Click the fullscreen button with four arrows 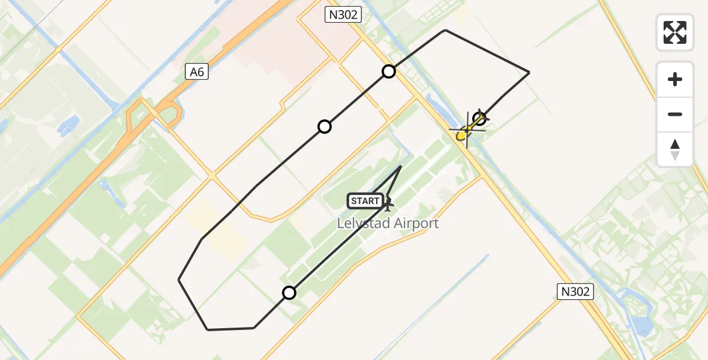(675, 32)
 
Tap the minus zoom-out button (675, 114)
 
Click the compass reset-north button (675, 149)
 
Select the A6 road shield (197, 72)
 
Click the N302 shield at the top (343, 14)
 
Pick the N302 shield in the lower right (575, 292)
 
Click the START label (365, 201)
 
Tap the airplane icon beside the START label (388, 203)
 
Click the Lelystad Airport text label (388, 224)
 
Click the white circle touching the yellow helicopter (479, 118)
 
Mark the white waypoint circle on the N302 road (389, 71)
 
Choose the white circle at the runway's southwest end (289, 293)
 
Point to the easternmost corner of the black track (529, 73)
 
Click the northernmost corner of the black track (445, 30)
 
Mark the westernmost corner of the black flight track (179, 280)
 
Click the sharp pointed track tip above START (401, 166)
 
